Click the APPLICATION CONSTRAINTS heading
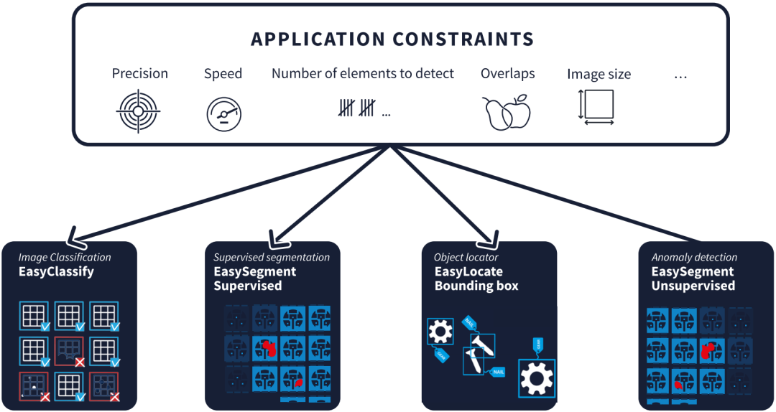(392, 39)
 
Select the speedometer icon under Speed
(223, 114)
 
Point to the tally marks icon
(356, 108)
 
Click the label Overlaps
(507, 74)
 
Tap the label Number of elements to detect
(363, 73)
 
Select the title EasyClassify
(56, 272)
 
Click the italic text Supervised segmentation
(272, 258)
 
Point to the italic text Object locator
(466, 258)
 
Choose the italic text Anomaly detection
(694, 258)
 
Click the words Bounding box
(476, 286)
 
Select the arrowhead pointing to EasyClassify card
(73, 237)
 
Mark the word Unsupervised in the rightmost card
(693, 286)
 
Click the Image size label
(599, 75)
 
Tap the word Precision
(139, 74)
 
